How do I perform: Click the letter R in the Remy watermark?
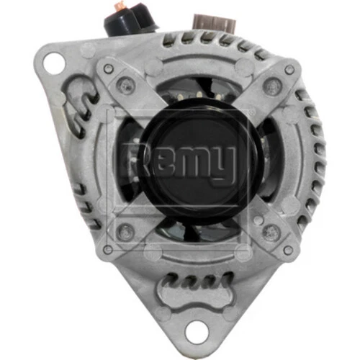132,160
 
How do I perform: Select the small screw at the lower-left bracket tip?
107,249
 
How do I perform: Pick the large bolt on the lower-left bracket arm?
126,231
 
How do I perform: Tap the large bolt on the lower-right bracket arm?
271,232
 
